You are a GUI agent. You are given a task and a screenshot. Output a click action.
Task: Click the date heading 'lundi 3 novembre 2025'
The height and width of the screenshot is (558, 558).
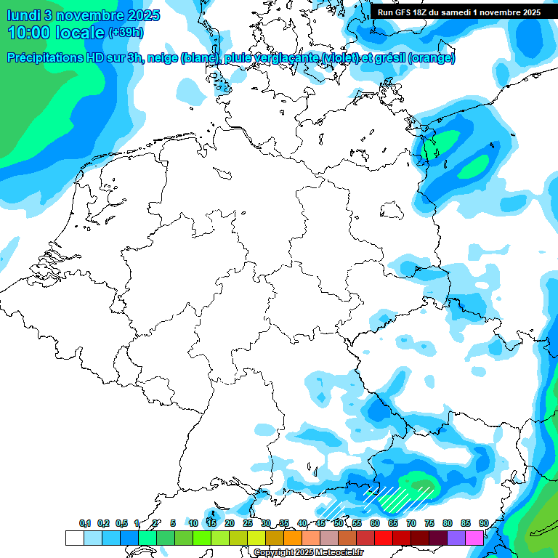77,15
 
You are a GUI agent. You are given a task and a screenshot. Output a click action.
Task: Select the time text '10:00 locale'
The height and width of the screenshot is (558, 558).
56,32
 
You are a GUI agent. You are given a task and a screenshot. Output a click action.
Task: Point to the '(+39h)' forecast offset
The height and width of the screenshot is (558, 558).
126,33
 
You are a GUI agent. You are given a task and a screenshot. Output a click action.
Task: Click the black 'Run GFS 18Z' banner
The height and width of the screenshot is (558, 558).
458,12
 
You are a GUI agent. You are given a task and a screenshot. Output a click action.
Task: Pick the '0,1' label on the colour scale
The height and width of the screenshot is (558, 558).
85,524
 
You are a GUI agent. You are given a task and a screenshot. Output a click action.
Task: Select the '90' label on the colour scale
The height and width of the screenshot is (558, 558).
483,524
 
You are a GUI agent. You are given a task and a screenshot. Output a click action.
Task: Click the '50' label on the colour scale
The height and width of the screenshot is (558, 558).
339,524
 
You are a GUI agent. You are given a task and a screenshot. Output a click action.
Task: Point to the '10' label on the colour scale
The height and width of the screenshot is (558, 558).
193,524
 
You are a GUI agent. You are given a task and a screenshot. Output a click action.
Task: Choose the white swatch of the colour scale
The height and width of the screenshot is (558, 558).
75,538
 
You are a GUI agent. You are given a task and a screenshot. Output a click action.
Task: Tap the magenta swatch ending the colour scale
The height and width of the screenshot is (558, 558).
474,538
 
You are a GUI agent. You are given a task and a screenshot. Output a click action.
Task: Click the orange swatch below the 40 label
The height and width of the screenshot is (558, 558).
293,538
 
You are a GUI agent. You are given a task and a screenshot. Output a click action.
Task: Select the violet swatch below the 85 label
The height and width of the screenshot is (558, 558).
456,538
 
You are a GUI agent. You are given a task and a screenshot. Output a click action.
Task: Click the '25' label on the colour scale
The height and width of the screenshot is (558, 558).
248,524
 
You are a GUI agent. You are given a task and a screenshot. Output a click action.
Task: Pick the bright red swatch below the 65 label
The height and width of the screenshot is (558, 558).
384,538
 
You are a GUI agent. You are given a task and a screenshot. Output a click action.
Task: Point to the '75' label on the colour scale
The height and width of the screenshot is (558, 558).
429,524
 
